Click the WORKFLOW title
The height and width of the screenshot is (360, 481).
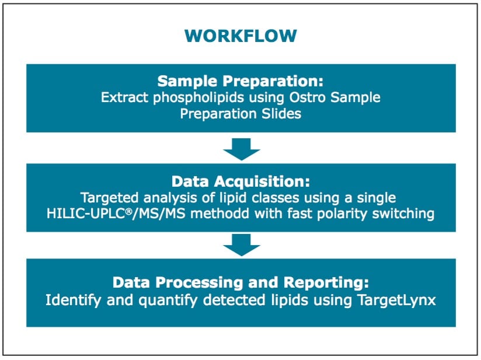point(240,36)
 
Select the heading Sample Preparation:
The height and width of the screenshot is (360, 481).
point(240,81)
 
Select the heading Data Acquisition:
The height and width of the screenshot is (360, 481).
point(240,181)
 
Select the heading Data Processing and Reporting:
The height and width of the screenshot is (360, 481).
point(240,283)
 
